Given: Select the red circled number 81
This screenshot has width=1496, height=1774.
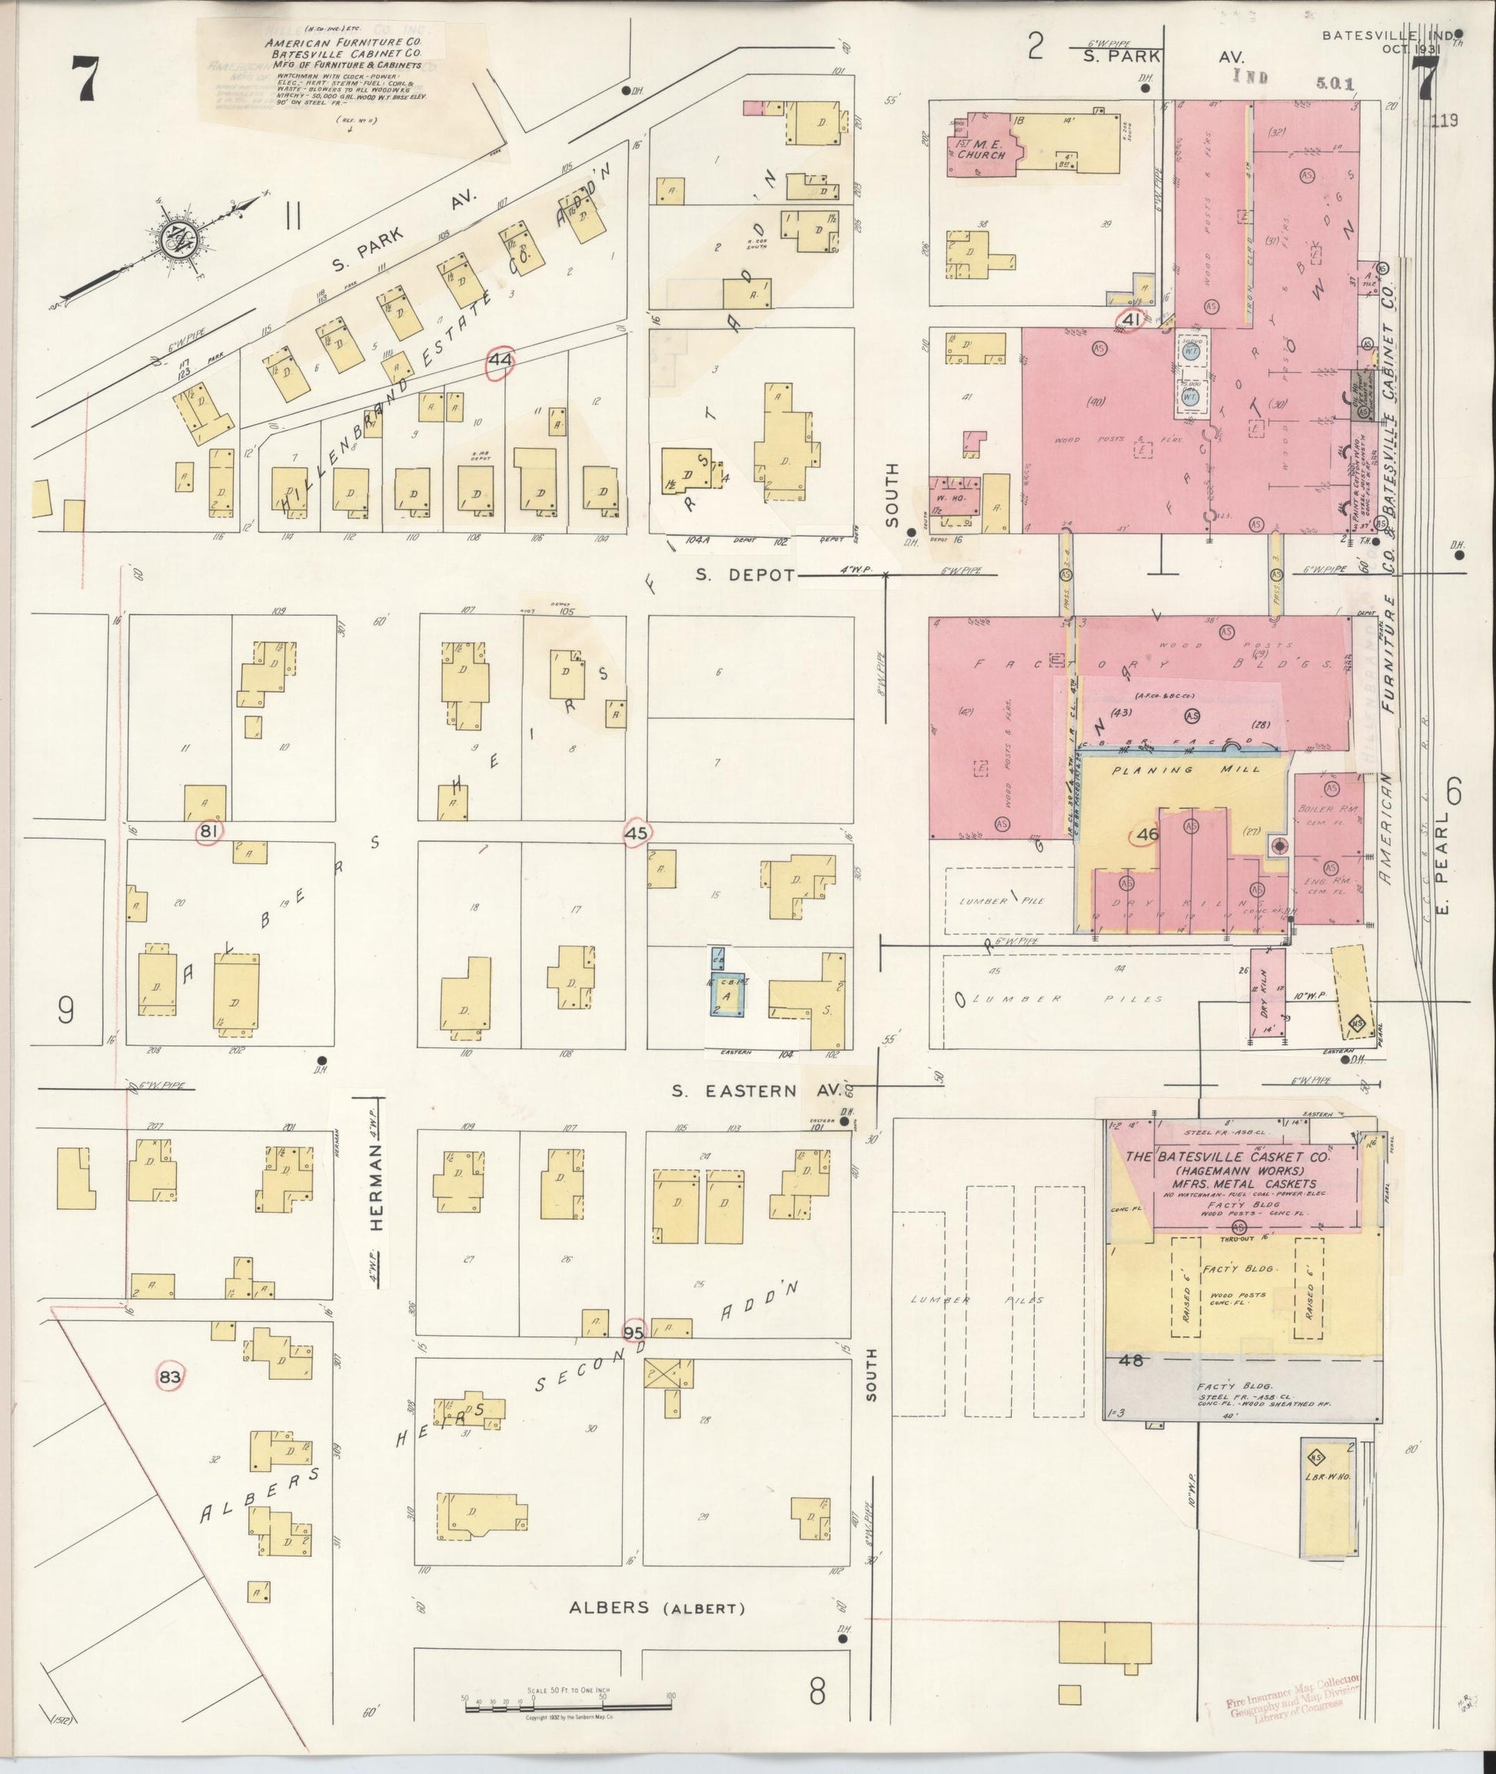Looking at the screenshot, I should [x=208, y=832].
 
